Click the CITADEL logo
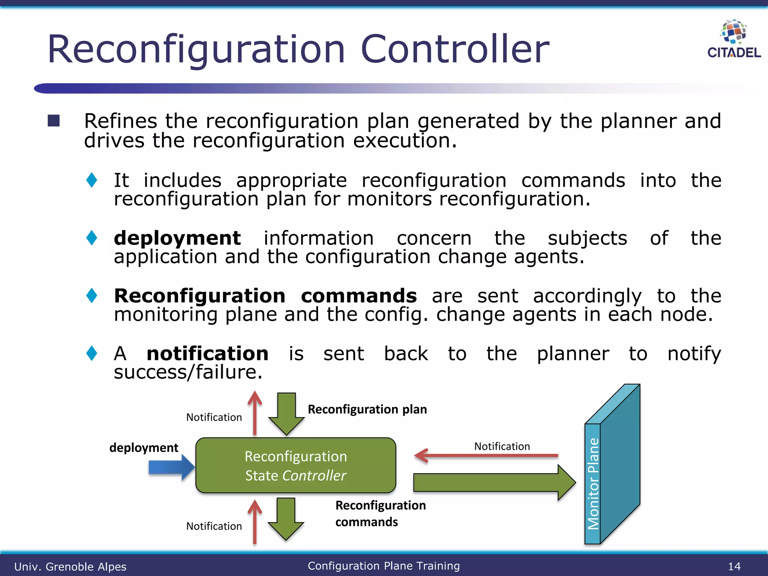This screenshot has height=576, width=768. pos(733,39)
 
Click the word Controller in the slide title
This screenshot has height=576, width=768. pos(454,49)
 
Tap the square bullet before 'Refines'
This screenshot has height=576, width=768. pos(54,121)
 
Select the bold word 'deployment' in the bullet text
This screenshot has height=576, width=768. pos(177,238)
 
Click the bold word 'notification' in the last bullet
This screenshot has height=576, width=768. pos(207,354)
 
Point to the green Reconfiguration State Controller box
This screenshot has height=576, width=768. pos(295,465)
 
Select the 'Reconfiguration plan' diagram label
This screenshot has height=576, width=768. pos(367,409)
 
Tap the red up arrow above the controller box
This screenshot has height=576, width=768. pos(255,412)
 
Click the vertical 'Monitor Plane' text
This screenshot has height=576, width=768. pos(593,484)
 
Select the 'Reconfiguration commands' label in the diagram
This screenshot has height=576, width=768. pos(380,513)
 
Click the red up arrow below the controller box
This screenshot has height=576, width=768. pos(255,522)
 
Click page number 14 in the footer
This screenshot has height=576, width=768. pos(734,566)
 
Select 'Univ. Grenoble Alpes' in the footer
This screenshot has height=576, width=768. pos(70,567)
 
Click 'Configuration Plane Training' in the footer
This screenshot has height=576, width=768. pos(384,566)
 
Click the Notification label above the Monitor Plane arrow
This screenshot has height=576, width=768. pos(502,446)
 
